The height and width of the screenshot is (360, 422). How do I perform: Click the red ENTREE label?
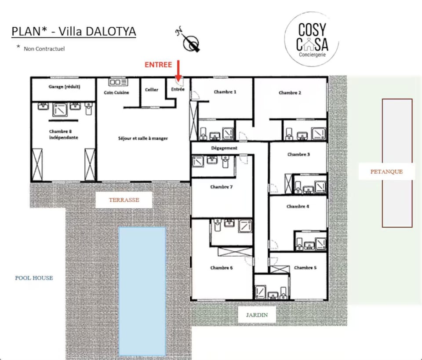[158, 65]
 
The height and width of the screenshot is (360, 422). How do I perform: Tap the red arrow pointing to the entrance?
[178, 70]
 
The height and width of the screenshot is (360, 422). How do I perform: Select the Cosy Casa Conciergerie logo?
[312, 39]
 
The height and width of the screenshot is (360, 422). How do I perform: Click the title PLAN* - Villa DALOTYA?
[74, 31]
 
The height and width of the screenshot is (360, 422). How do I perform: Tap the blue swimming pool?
[142, 292]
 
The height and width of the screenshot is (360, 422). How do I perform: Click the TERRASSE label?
[124, 200]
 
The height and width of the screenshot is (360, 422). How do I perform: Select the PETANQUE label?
[386, 172]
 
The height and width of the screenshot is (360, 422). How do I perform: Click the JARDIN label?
[257, 315]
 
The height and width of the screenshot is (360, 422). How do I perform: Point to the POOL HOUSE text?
[34, 278]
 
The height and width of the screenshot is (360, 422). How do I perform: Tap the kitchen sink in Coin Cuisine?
[118, 82]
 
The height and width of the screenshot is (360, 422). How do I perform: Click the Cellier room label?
[152, 90]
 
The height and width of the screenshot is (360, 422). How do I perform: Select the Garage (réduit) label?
[64, 87]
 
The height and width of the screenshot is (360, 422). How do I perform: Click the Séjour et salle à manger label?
[143, 138]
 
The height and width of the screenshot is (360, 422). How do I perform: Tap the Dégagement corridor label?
[224, 148]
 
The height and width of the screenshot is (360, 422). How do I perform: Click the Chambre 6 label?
[222, 268]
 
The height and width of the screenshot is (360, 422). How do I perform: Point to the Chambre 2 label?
[290, 93]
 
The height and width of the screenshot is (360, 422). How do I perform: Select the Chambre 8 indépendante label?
[63, 135]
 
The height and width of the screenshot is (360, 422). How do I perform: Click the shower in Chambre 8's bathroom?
[60, 110]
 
